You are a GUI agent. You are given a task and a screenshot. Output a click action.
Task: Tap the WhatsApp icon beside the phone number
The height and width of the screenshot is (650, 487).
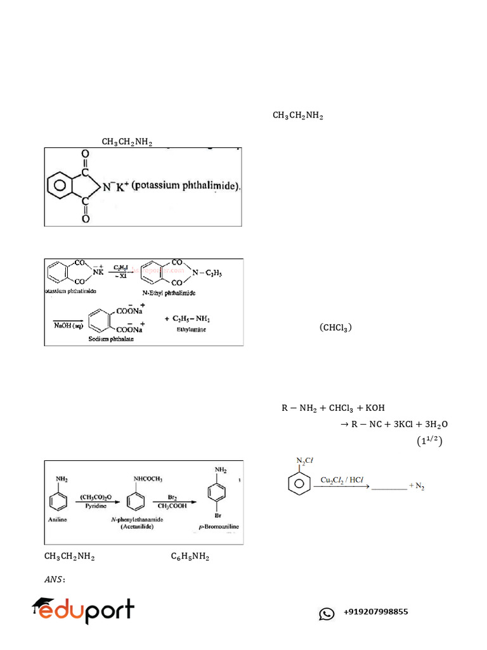click(327, 613)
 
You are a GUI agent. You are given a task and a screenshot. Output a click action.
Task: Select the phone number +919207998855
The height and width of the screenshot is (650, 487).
click(375, 613)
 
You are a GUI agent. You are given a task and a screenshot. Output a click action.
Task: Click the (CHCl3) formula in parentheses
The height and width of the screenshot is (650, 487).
click(335, 328)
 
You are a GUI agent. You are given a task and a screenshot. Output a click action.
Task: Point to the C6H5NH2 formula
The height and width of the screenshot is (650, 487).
click(190, 557)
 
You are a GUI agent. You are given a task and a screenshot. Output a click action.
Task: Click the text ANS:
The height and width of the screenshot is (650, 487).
click(55, 579)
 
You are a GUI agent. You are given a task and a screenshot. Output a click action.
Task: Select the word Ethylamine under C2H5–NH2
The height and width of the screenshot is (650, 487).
click(193, 330)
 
